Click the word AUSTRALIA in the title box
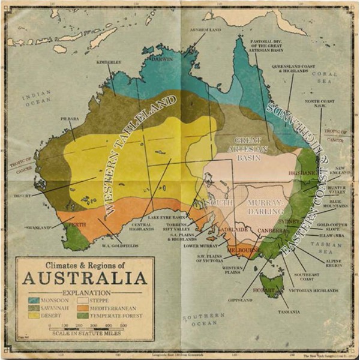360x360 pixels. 85,278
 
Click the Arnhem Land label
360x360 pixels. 203,30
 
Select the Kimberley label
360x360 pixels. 108,62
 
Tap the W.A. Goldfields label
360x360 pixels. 118,245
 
